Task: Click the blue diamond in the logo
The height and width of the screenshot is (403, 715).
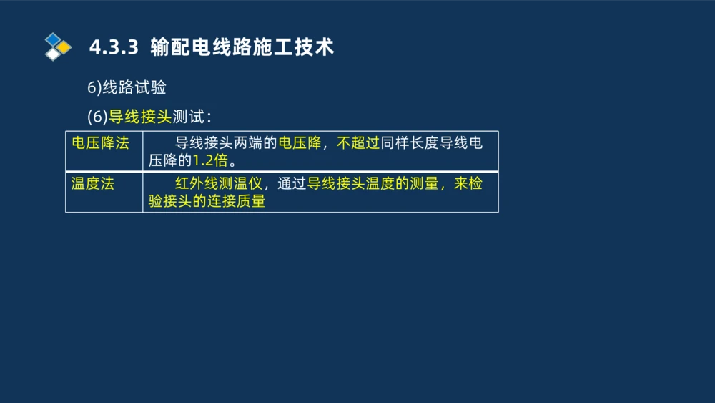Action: tap(52, 39)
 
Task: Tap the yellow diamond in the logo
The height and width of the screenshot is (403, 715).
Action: tap(64, 47)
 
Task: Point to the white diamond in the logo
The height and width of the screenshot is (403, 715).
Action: tap(52, 54)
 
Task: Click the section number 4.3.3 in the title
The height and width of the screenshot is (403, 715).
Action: tap(112, 48)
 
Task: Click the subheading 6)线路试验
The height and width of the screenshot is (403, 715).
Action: tap(127, 88)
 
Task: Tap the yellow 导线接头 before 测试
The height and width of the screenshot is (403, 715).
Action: tap(140, 116)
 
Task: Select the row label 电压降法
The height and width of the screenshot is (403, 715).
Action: tap(100, 142)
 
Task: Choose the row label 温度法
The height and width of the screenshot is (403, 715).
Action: tap(93, 183)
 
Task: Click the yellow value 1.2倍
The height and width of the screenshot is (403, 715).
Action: tap(210, 160)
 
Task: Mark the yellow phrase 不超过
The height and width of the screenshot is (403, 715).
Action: tap(357, 142)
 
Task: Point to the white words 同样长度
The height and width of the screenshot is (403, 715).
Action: tap(409, 142)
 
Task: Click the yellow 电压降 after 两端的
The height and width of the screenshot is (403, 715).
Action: tap(299, 142)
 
